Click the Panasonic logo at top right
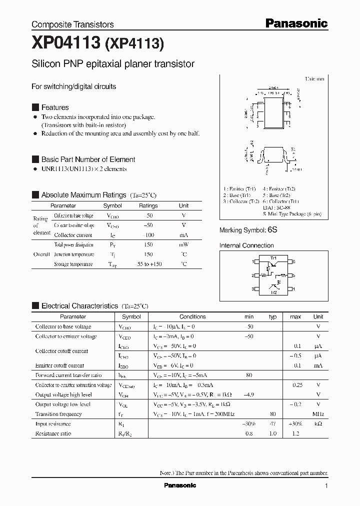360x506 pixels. (x=295, y=23)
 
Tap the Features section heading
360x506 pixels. (x=54, y=107)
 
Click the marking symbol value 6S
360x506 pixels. (x=272, y=230)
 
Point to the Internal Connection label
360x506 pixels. (x=246, y=245)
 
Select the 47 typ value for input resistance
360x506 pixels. (x=272, y=423)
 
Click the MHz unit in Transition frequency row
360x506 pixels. (x=318, y=414)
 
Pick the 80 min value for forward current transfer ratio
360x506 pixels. (x=249, y=375)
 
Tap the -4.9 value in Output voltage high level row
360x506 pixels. (x=249, y=394)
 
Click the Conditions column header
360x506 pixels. (x=192, y=316)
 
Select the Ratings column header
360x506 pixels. (x=148, y=205)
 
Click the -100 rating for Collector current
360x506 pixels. (x=148, y=235)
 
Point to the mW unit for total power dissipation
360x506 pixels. (x=183, y=245)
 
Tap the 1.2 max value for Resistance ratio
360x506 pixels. (x=295, y=433)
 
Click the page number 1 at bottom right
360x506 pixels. (x=326, y=485)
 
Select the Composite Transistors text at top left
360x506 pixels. (x=72, y=24)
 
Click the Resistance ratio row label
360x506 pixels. (x=53, y=433)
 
